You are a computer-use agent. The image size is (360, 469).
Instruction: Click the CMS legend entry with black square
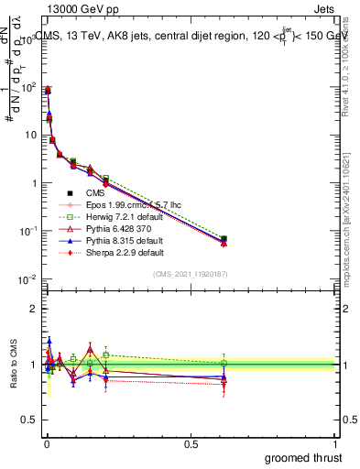[95, 192]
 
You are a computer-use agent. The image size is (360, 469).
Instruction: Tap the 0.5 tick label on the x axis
[191, 445]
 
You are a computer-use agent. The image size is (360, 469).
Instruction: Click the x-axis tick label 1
[336, 445]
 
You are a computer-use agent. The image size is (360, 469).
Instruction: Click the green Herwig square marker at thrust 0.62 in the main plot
[224, 239]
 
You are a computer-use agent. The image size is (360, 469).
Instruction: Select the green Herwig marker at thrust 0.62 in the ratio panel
[224, 363]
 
